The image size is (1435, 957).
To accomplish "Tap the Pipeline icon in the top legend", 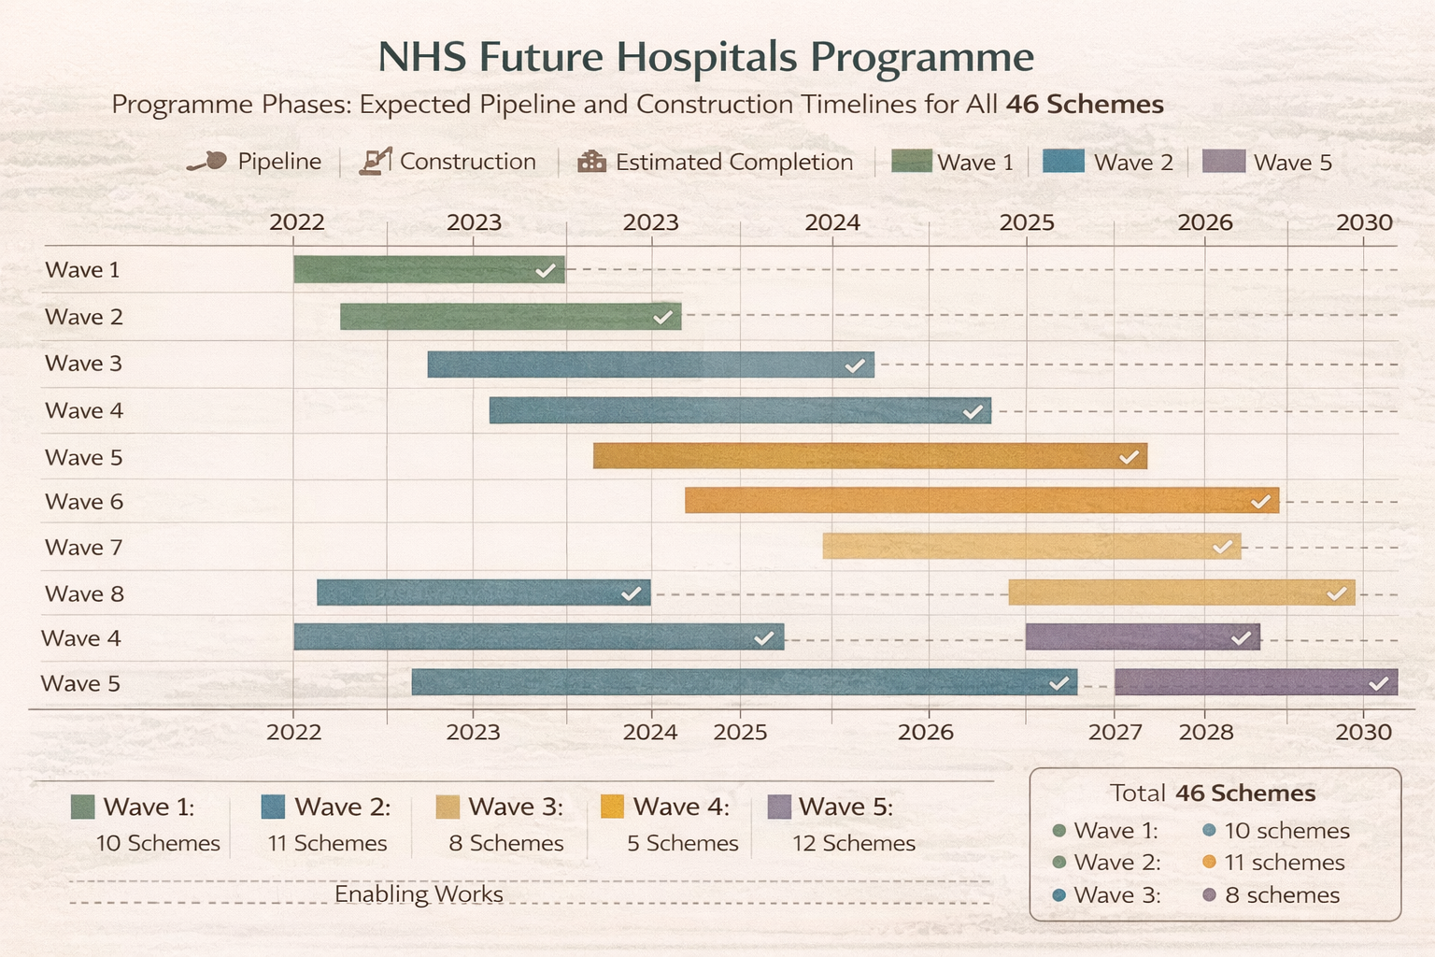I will point(207,162).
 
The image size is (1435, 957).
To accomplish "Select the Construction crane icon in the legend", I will point(375,162).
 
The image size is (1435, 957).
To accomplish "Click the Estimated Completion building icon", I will point(591,162).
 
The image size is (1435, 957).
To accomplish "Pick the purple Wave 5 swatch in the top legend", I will point(1223,161).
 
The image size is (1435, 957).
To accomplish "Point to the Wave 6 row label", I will point(84,502).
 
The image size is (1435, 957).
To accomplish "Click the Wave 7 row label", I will point(84,548).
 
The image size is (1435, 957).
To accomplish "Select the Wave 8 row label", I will point(84,593).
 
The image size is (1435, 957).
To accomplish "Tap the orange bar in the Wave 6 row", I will point(981,501).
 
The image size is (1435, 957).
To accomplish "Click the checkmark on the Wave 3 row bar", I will point(855,365).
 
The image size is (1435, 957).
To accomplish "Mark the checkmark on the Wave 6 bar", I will point(1260,502).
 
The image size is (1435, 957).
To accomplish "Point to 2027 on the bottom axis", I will point(1115,732).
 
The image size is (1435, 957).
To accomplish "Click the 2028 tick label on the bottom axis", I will point(1206,732).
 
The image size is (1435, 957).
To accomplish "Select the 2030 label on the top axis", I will point(1364,222).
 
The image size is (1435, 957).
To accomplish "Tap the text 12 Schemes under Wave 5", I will point(854,843).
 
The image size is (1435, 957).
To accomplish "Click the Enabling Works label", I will point(419,894).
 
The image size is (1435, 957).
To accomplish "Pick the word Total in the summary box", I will point(1138,793).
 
